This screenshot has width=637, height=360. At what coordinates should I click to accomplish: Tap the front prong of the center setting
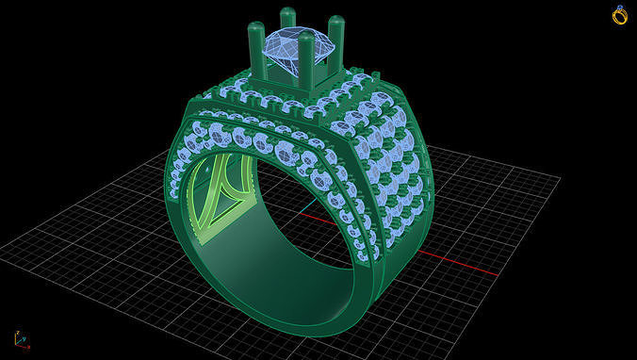[x=306, y=61]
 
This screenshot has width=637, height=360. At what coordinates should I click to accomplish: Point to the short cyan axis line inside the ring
[x=309, y=205]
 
